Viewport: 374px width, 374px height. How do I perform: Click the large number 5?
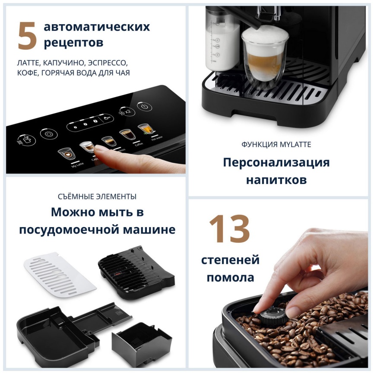pyautogui.click(x=27, y=36)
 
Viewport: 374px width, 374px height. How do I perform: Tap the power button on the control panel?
pyautogui.click(x=144, y=107)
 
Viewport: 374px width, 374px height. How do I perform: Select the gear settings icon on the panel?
pyautogui.click(x=48, y=134)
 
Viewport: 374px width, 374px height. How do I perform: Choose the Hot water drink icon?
pyautogui.click(x=144, y=128)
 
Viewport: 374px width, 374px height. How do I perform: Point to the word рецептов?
pyautogui.click(x=73, y=43)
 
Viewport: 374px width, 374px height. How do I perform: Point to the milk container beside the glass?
pyautogui.click(x=222, y=39)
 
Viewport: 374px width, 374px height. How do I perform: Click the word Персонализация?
pyautogui.click(x=276, y=163)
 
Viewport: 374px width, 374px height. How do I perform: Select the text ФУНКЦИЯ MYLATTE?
pyautogui.click(x=276, y=145)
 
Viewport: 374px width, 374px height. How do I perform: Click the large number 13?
pyautogui.click(x=229, y=229)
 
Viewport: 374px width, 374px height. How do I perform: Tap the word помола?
pyautogui.click(x=230, y=277)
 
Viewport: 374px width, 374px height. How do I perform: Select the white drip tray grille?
pyautogui.click(x=60, y=273)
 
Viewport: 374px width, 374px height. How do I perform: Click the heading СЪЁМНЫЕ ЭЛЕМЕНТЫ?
pyautogui.click(x=97, y=197)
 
